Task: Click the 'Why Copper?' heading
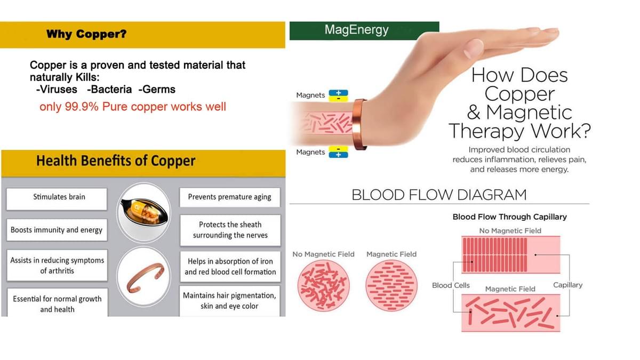86,34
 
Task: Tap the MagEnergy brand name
356,30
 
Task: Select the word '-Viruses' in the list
57,90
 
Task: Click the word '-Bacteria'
109,90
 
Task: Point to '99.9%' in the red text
82,107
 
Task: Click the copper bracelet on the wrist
359,125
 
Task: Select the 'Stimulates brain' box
57,199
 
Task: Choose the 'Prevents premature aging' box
230,197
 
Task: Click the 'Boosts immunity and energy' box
57,230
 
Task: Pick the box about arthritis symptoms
57,266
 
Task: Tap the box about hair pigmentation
229,301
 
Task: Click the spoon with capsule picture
143,213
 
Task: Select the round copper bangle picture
143,277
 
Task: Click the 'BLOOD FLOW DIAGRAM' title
439,195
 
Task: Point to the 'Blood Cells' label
451,285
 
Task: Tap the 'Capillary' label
567,285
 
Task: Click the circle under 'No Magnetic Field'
323,286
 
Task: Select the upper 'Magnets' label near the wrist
310,95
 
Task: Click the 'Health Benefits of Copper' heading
116,161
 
